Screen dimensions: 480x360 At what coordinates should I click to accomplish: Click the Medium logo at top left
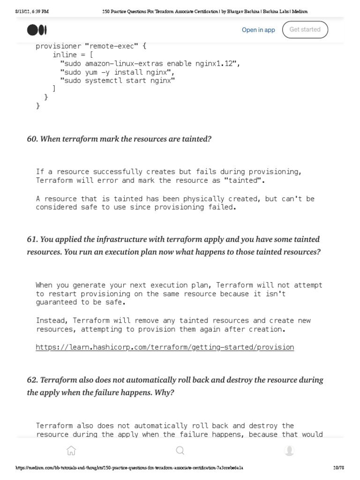(37, 30)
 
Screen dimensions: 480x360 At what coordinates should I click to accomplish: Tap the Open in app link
(258, 30)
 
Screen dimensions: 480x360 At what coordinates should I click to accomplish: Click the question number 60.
(32, 139)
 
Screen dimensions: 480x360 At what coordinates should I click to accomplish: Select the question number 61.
(32, 239)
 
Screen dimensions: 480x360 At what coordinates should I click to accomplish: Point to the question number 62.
(32, 380)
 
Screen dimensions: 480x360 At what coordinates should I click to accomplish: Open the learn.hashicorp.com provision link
(165, 347)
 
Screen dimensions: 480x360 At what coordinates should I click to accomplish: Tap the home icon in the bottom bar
(71, 451)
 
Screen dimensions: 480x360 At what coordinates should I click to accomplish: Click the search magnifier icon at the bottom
(180, 451)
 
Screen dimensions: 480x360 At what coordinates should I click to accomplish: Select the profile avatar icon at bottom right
(289, 451)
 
